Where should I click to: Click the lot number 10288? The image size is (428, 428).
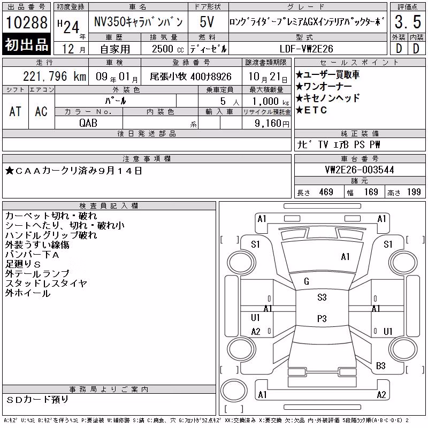(26, 22)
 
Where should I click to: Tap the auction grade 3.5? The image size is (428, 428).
(408, 22)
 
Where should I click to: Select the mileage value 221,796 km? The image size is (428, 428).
(55, 77)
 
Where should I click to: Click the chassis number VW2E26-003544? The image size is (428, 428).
(360, 170)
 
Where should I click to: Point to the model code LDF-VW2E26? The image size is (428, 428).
(306, 49)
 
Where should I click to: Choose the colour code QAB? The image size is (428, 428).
(88, 123)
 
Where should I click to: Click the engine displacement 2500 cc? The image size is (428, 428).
(167, 49)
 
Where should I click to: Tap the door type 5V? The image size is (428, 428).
(207, 22)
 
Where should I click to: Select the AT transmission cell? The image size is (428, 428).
(16, 111)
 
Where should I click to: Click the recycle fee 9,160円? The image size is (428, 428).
(272, 124)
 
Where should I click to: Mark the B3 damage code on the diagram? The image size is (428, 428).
(380, 365)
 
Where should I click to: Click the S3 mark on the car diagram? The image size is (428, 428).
(322, 297)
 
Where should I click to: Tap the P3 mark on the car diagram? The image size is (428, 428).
(322, 318)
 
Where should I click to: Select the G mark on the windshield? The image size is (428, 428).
(307, 281)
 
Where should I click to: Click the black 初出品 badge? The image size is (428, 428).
(26, 44)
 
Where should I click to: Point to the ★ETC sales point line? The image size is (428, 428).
(311, 110)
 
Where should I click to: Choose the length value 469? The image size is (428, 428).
(326, 192)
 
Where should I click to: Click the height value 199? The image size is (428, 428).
(414, 192)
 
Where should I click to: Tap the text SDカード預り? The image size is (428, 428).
(37, 400)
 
